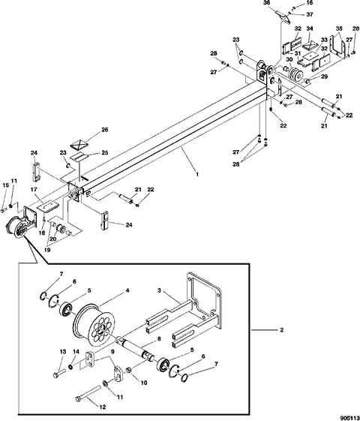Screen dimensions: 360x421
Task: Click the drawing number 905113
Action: click(x=349, y=418)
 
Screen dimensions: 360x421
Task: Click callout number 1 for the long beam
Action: click(x=197, y=174)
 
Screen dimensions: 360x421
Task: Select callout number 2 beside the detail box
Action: click(x=282, y=329)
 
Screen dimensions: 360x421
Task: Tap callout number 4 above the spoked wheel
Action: click(x=127, y=290)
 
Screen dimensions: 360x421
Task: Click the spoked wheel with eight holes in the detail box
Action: click(x=92, y=326)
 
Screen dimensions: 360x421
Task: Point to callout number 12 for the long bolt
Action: click(x=103, y=407)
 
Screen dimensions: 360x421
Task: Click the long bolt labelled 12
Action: click(x=88, y=393)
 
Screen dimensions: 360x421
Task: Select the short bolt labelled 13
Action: click(x=59, y=374)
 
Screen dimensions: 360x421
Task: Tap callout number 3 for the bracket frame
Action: click(x=159, y=290)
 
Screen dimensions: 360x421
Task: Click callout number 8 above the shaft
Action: click(x=159, y=339)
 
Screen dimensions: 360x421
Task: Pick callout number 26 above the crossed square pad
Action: click(x=104, y=130)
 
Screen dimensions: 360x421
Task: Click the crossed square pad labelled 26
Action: click(x=79, y=144)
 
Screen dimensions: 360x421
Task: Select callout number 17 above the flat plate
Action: click(x=34, y=190)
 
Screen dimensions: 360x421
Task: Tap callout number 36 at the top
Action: click(x=267, y=3)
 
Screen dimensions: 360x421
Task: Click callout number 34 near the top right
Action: click(x=310, y=29)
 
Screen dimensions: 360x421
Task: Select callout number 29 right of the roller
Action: click(x=324, y=77)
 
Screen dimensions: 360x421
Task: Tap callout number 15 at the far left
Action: click(x=6, y=185)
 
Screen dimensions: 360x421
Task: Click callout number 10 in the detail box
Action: click(x=144, y=383)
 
